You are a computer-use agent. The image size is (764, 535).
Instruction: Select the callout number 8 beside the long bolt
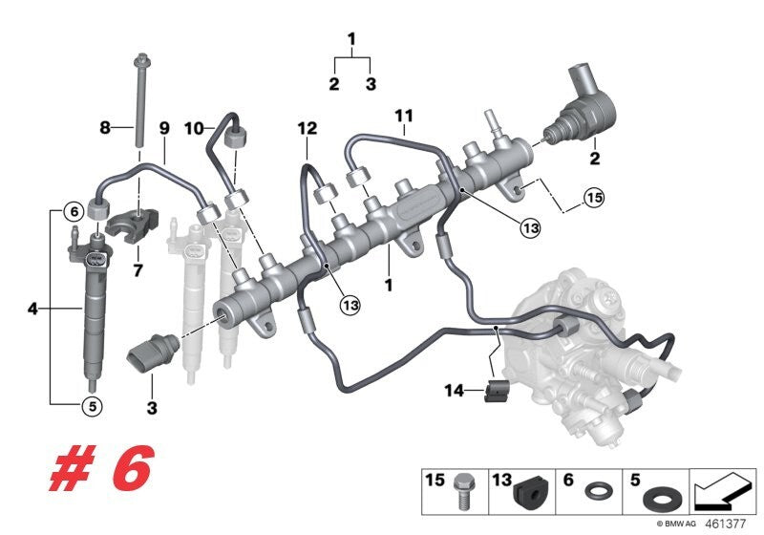107,127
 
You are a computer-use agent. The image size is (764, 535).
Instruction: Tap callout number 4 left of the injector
33,310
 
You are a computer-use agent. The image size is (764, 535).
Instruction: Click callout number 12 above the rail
306,127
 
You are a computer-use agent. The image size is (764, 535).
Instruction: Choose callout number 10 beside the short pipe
191,127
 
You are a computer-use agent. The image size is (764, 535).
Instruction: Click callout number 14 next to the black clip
454,390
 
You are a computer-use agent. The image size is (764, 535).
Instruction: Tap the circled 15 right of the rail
594,199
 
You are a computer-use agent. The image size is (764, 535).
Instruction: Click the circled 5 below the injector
91,406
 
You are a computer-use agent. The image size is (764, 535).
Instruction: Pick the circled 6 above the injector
72,211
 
